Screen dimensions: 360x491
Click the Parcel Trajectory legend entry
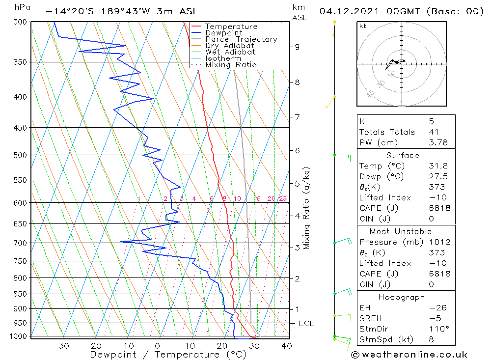241,39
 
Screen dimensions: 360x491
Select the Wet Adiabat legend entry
230,52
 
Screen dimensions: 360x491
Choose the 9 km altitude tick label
297,47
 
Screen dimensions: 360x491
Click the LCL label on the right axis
306,324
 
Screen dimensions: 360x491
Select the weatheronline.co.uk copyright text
409,355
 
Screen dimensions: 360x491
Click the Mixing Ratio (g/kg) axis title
307,209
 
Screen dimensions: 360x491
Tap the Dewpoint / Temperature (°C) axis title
168,354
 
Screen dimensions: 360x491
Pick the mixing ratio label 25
283,199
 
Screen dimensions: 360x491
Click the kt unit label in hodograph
363,27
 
